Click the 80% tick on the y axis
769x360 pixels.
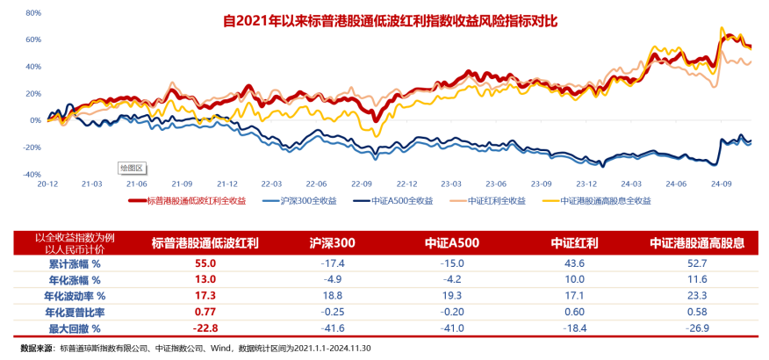point(33,13)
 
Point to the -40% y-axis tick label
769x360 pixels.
point(32,175)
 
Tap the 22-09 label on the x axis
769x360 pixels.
point(362,184)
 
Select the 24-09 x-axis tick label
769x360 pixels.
point(721,184)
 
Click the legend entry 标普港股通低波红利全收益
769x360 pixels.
point(195,200)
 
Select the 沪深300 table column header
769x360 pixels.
point(332,242)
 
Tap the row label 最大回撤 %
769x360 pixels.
point(74,328)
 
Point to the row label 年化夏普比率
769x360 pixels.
point(74,312)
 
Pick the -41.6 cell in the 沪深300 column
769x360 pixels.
point(332,328)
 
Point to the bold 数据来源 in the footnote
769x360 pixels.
point(37,348)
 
